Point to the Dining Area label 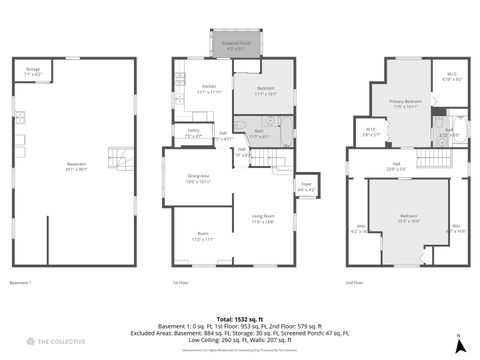(x=197, y=178)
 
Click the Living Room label (x=263, y=218)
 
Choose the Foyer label (x=307, y=186)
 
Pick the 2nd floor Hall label (x=396, y=166)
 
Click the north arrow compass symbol (x=457, y=345)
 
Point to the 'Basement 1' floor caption (x=21, y=283)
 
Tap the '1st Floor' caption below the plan (x=180, y=283)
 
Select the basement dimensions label (x=76, y=167)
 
